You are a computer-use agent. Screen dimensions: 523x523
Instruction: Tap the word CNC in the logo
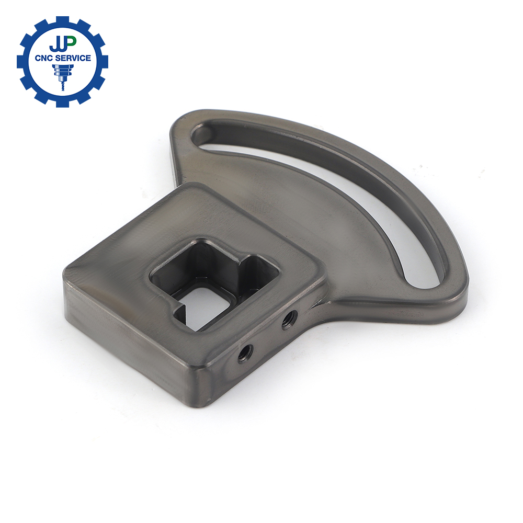click(x=44, y=58)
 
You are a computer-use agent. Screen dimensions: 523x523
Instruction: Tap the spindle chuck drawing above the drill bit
click(x=63, y=71)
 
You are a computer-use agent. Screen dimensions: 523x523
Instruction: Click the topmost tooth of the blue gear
click(x=63, y=20)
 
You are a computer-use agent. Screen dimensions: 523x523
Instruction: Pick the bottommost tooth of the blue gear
click(x=63, y=103)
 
